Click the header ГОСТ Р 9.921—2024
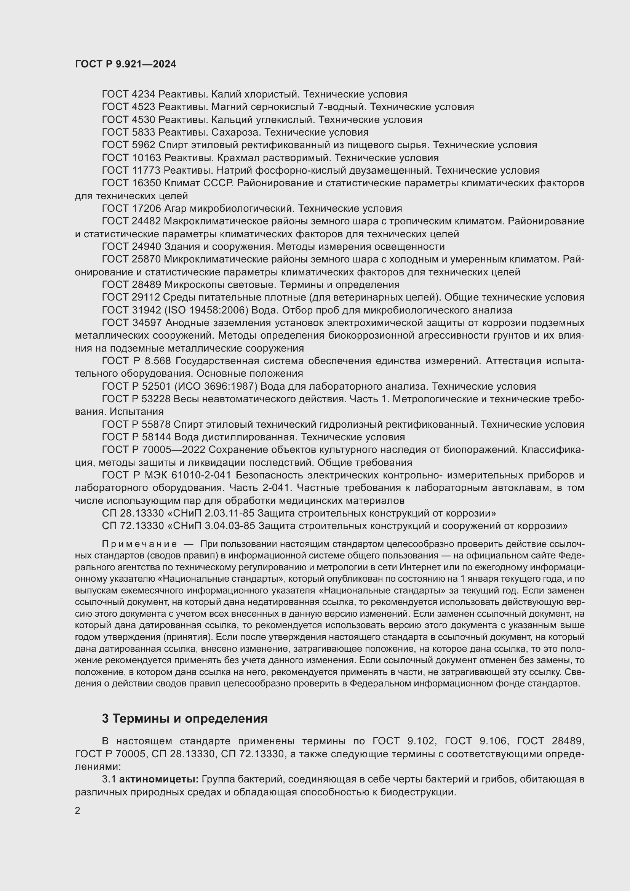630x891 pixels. pos(125,64)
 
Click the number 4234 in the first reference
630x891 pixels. pos(144,94)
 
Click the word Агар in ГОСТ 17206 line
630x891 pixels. pos(175,209)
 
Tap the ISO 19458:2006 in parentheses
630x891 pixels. pos(205,310)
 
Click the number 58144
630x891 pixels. pos(158,437)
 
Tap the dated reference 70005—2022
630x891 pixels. pos(181,450)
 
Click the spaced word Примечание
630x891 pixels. pos(139,544)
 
